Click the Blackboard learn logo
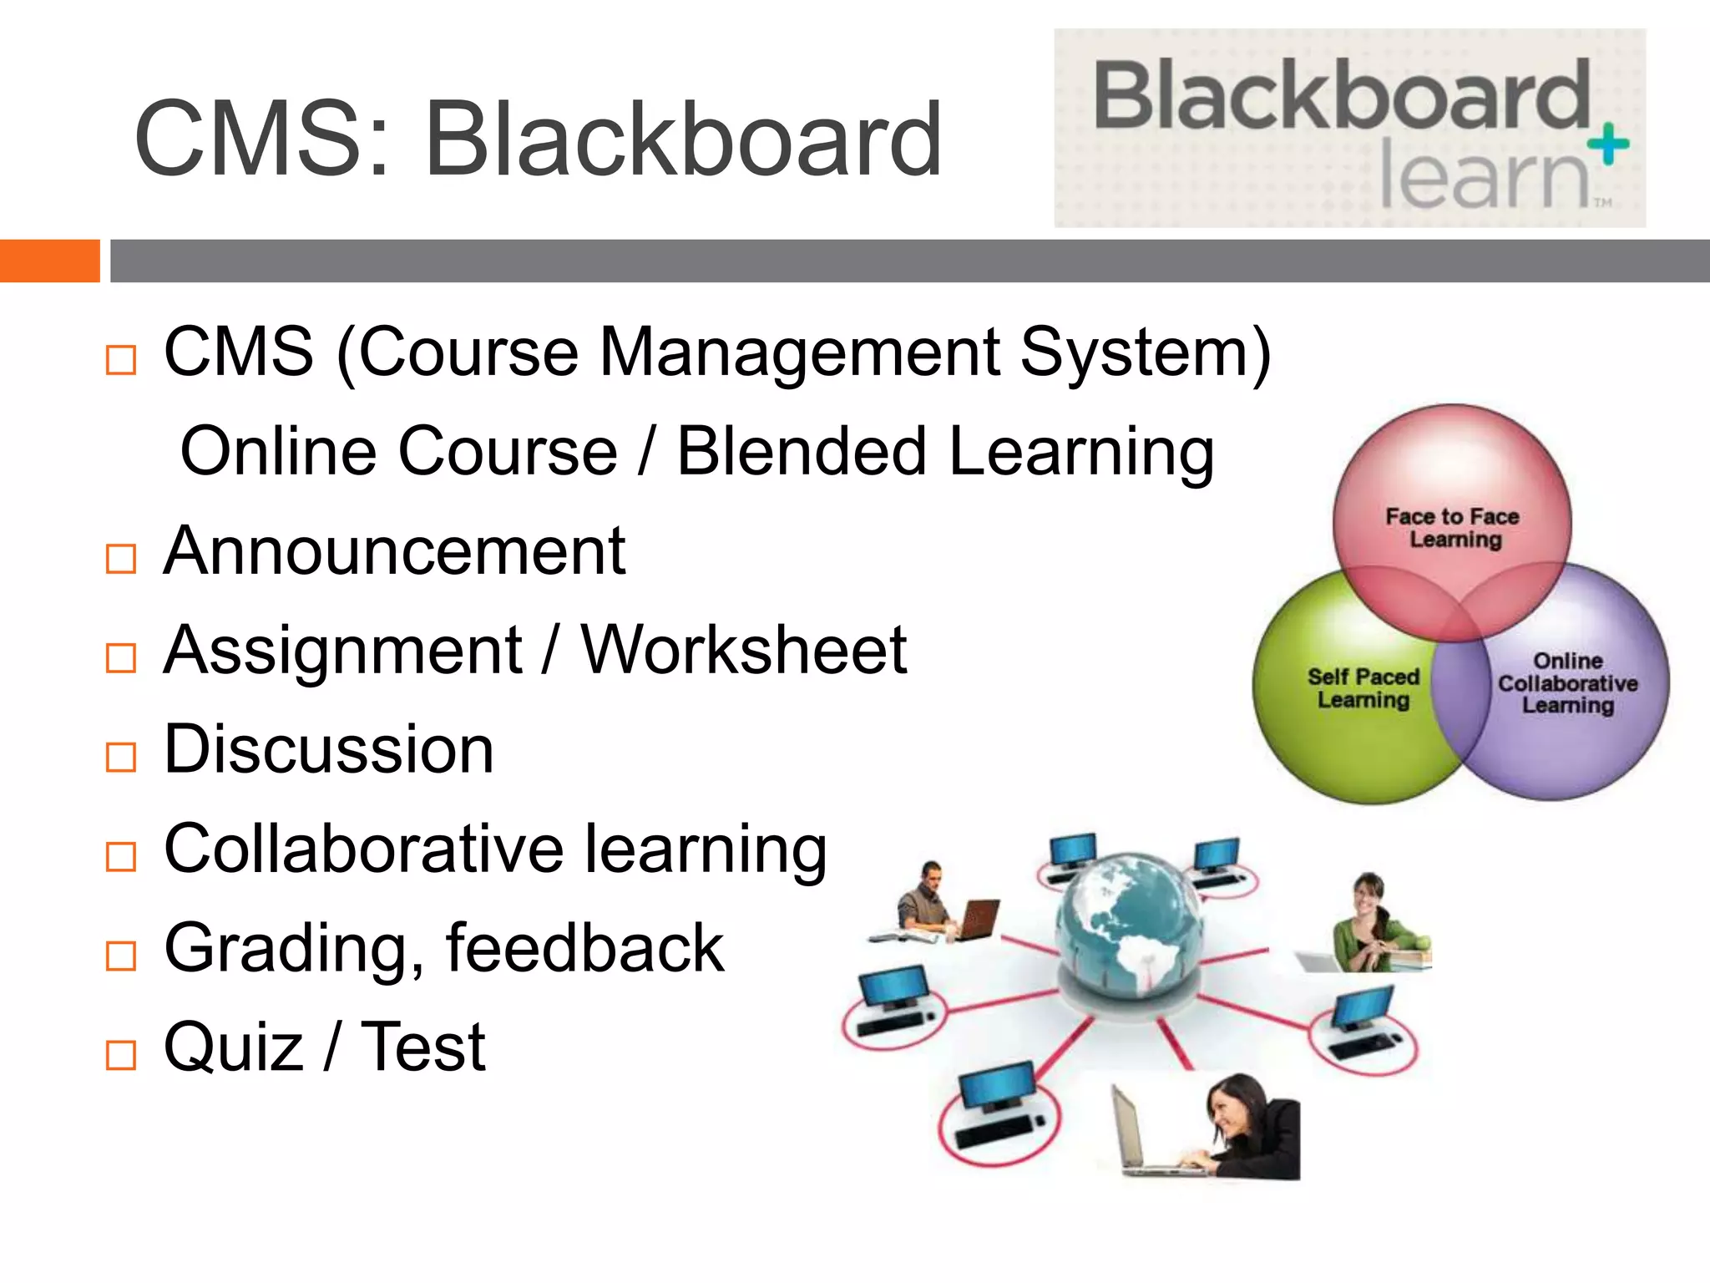1348,128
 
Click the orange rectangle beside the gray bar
49,261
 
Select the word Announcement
394,551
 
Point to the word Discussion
329,749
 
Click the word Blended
801,452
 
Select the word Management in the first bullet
799,352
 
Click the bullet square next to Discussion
121,757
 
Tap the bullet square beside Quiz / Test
121,1055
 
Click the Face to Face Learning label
1453,528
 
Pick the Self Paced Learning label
1363,687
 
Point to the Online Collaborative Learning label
1567,683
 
